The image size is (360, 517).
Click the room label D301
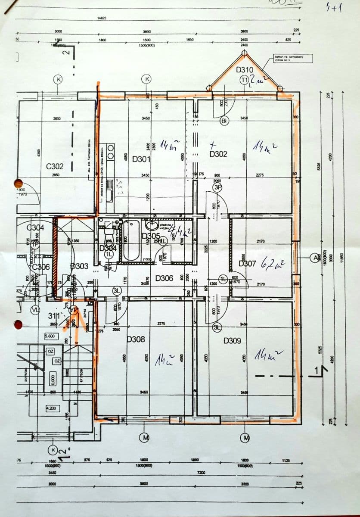pos(141,159)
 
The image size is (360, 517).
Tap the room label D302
pos(218,154)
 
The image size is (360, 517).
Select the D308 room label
pos(136,339)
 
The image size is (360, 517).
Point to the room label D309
pos(232,341)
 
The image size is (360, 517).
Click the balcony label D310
pos(245,69)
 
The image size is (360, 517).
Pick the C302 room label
pos(55,166)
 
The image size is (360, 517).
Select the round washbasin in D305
pos(152,225)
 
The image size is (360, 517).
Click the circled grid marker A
pos(316,258)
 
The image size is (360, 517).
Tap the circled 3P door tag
pos(218,187)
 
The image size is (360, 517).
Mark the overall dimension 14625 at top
pos(102,18)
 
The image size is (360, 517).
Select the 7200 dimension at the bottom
pos(201,473)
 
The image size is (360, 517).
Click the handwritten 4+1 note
pos(334,8)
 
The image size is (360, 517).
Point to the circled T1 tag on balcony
pos(245,80)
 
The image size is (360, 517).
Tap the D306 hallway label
pos(164,278)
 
